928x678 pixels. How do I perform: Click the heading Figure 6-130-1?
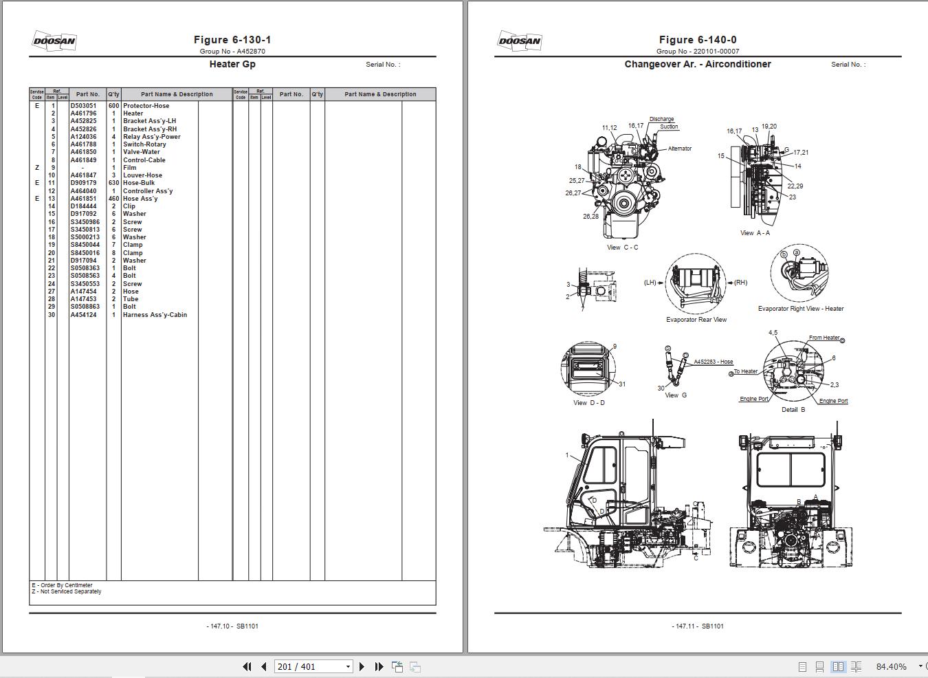tap(232, 40)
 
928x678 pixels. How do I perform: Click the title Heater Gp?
tap(232, 64)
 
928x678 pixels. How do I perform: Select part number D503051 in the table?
tap(83, 106)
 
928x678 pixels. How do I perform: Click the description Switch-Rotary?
tap(144, 144)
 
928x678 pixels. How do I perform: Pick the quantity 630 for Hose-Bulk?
tap(113, 183)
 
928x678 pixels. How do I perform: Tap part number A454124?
tap(83, 315)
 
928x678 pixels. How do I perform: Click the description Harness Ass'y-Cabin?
tap(155, 315)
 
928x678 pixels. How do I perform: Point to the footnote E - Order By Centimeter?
tap(62, 585)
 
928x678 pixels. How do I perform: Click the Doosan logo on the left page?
tap(54, 41)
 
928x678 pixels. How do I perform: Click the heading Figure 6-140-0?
tap(697, 40)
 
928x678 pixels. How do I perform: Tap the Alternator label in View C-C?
tap(679, 149)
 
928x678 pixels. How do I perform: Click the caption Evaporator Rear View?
tap(696, 320)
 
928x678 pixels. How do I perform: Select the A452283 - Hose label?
tap(713, 362)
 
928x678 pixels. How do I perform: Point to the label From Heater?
tap(824, 338)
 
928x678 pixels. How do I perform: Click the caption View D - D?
tap(588, 403)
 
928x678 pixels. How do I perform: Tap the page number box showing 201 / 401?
tap(309, 666)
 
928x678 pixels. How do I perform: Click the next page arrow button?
tap(362, 666)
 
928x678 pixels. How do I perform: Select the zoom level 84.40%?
tap(891, 666)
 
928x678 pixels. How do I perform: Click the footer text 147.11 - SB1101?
tap(697, 626)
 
